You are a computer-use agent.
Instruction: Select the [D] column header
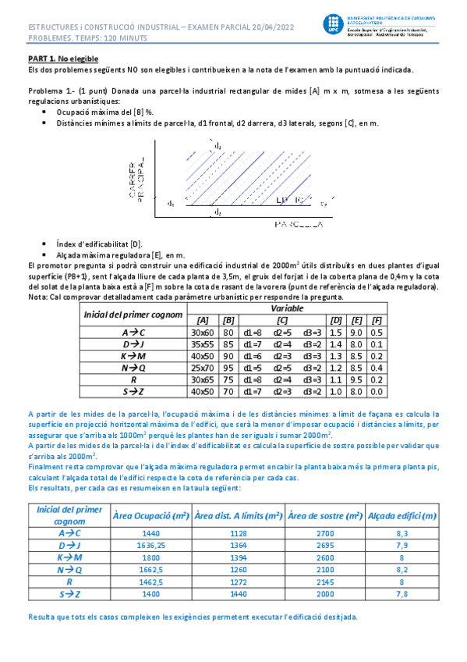pyautogui.click(x=337, y=319)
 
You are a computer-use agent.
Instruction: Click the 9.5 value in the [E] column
pyautogui.click(x=356, y=379)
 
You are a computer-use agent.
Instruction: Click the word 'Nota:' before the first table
pyautogui.click(x=37, y=297)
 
